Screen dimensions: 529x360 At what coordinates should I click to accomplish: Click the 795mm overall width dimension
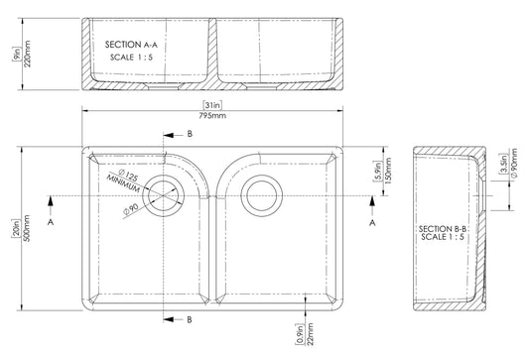point(212,116)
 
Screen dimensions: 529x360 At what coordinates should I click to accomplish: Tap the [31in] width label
point(212,105)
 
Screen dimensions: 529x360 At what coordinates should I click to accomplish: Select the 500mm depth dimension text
point(27,228)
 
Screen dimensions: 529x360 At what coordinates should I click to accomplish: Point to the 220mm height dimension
point(27,54)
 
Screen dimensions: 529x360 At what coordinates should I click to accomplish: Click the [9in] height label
point(17,54)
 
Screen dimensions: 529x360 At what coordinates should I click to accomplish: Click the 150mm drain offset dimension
point(388,171)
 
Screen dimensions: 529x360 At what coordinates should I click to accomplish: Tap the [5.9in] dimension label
point(378,171)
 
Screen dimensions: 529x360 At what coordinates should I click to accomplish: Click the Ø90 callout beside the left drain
point(131,209)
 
